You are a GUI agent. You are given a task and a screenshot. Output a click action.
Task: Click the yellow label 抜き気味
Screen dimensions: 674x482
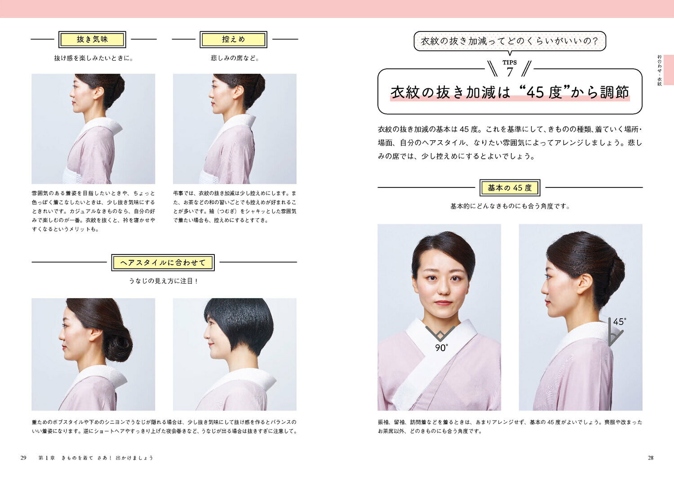(92, 40)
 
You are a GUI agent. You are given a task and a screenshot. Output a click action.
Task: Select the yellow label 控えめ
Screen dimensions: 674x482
(234, 40)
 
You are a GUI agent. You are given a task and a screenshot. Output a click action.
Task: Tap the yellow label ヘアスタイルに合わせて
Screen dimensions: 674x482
(163, 263)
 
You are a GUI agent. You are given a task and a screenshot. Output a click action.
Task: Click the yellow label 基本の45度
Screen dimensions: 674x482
(510, 188)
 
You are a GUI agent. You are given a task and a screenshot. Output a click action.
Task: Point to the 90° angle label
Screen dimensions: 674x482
(441, 348)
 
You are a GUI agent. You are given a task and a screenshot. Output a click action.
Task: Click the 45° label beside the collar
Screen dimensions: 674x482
(620, 322)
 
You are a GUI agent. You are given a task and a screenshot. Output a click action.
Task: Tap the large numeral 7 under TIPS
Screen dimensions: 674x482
(510, 72)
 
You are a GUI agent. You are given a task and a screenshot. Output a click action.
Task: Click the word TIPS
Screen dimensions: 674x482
(510, 62)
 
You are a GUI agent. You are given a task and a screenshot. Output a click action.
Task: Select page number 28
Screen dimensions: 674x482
(650, 458)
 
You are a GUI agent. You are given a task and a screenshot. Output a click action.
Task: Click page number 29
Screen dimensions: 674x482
(23, 458)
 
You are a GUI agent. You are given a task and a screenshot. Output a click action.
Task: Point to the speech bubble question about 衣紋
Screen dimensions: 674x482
(510, 41)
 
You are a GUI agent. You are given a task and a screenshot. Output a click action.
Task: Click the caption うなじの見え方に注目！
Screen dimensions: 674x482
(164, 281)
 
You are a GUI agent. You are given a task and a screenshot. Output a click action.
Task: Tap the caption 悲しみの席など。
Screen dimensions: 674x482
(235, 58)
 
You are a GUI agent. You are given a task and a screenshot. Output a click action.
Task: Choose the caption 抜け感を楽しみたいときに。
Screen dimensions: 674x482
(93, 58)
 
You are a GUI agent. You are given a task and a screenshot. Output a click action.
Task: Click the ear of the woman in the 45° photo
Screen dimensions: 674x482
(584, 285)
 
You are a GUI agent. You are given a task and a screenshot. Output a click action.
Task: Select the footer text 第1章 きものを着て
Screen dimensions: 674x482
(66, 458)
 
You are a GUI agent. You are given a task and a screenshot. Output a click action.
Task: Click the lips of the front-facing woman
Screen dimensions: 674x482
(442, 303)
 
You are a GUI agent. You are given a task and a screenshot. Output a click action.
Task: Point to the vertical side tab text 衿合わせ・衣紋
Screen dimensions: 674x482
(660, 70)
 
